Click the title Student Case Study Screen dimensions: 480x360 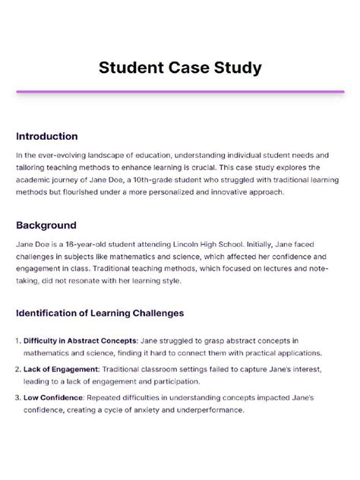tap(180, 68)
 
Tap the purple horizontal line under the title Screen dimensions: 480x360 tap(180, 92)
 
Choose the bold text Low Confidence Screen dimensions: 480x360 tap(56, 396)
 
